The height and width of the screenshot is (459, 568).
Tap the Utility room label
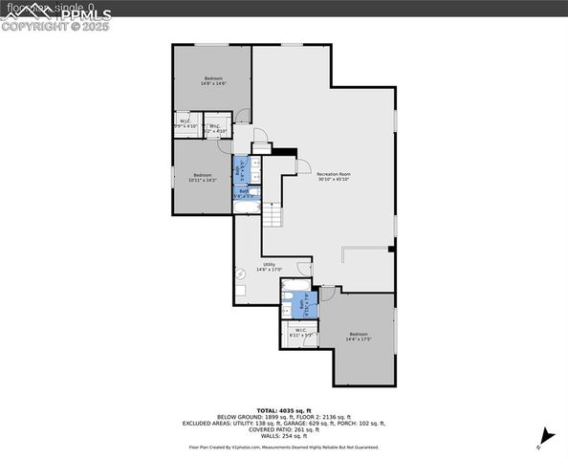point(270,267)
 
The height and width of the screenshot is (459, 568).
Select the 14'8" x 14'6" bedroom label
point(212,81)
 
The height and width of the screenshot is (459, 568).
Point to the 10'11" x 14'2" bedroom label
point(203,177)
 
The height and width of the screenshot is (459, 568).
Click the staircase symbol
point(273,215)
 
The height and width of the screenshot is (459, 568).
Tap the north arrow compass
point(544,436)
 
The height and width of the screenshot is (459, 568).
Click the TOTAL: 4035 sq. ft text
point(284,409)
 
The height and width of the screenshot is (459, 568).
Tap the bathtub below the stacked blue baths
point(248,206)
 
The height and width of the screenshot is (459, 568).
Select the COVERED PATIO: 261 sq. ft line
point(284,429)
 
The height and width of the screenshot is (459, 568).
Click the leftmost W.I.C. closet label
point(186,123)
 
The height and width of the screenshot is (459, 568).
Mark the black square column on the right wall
point(391,250)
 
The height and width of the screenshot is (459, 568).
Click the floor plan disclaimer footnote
point(284,447)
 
